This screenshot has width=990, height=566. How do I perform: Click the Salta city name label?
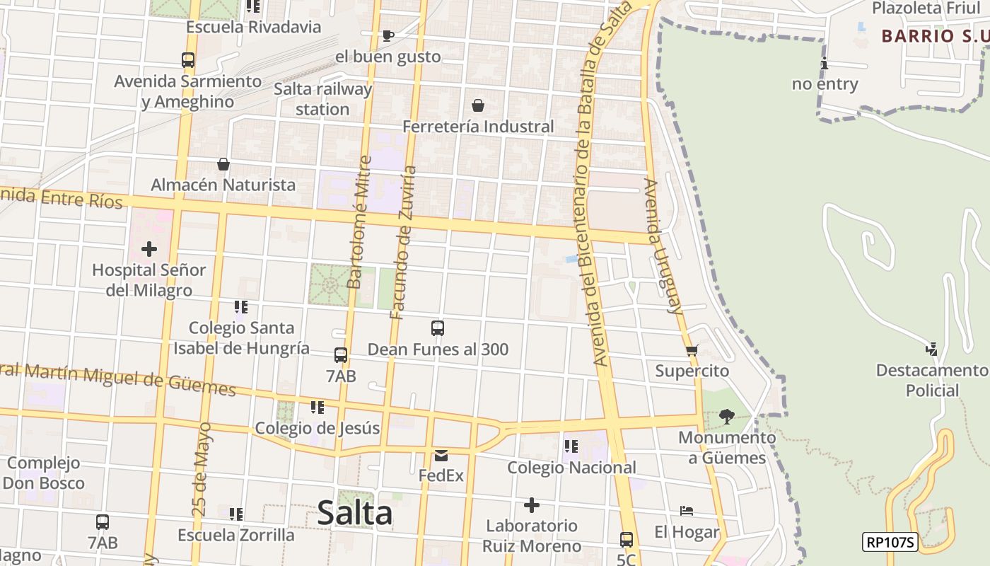[354, 513]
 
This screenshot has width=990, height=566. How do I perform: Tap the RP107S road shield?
[890, 543]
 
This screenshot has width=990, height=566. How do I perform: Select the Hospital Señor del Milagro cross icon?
[149, 249]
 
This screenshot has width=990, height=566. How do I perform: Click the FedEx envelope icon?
[441, 455]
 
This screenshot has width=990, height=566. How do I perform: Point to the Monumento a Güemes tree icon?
[726, 417]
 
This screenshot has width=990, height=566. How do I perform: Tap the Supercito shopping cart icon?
[692, 350]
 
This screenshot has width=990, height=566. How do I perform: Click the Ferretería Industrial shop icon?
[478, 106]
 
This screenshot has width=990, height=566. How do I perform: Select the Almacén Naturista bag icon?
[223, 164]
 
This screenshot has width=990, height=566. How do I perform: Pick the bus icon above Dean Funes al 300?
[438, 328]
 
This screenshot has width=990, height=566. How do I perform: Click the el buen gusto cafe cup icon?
[388, 35]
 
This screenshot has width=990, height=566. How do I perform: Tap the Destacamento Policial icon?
[931, 349]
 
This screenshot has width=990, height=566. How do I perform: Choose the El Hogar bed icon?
[687, 511]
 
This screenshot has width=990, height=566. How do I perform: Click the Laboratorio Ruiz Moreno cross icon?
[531, 505]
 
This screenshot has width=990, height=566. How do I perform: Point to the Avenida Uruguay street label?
[663, 246]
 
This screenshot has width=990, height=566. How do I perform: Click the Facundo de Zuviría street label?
[402, 242]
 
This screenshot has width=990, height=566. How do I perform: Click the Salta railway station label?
[322, 99]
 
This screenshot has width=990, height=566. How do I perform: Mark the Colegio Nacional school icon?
[571, 446]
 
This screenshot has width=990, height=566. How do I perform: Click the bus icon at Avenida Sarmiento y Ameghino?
[187, 60]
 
